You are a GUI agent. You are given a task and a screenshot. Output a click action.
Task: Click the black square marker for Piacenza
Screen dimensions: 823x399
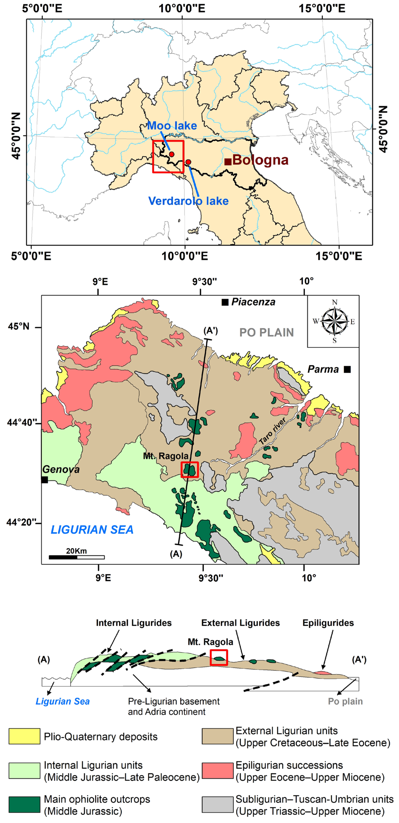225,302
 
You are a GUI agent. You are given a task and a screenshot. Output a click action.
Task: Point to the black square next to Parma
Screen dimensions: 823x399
347,369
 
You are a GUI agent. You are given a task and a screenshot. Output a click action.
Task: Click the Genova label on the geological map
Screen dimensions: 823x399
61,469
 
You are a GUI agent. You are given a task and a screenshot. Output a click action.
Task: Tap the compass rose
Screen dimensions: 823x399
334,321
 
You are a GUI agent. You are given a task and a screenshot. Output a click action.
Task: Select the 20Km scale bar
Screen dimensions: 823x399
77,557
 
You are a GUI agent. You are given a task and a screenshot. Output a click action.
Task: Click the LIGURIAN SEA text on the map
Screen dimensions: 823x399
92,530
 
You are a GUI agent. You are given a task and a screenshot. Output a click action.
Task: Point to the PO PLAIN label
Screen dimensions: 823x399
266,333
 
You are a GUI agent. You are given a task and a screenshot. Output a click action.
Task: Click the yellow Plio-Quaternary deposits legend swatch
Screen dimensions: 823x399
24,736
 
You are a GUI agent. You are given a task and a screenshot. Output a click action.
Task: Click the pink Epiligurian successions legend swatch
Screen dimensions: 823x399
218,770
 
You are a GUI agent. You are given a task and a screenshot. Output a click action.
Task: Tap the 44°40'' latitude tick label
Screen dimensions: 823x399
20,422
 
